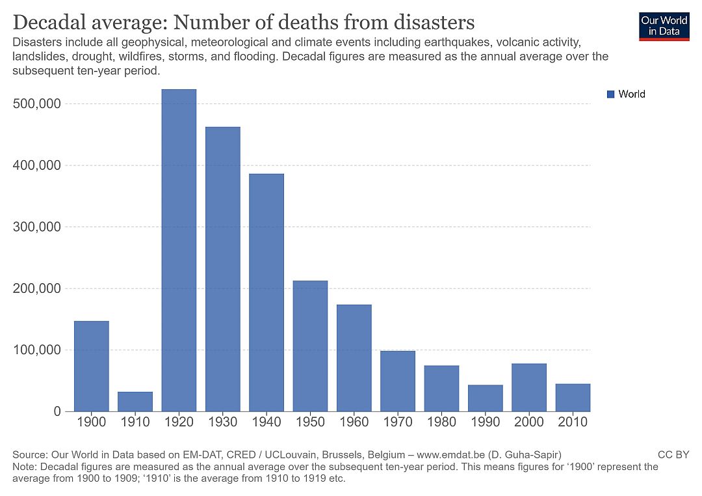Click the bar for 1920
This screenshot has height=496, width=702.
tap(179, 251)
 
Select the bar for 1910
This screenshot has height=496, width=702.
tap(135, 402)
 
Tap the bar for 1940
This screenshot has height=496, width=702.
tap(266, 293)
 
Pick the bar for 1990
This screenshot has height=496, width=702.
tap(485, 398)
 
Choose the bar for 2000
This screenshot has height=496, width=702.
tap(529, 388)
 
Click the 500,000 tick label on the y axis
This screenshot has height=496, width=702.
tap(37, 104)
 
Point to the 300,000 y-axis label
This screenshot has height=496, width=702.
tap(37, 227)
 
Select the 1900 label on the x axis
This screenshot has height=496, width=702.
tap(92, 422)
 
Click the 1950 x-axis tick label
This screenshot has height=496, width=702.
tap(310, 422)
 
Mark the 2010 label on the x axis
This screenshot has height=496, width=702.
tap(573, 422)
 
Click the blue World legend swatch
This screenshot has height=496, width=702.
tap(610, 94)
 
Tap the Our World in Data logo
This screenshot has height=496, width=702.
tap(664, 25)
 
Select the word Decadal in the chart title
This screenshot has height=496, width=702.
tap(52, 23)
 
